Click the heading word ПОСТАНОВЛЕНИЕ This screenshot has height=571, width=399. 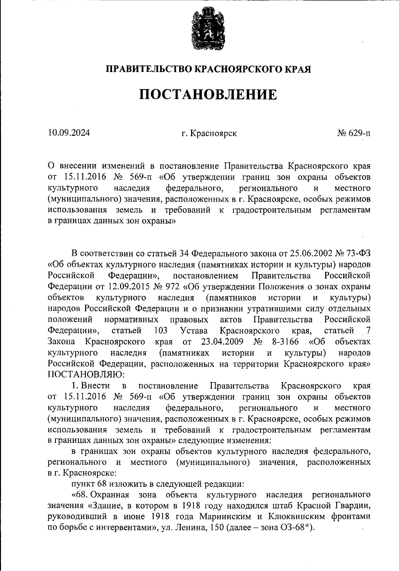208,95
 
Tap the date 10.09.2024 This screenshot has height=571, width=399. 69,133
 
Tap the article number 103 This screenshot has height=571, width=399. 161,331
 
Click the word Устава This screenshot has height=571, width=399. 194,331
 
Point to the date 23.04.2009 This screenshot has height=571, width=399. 222,342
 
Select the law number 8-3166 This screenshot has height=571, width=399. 281,342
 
